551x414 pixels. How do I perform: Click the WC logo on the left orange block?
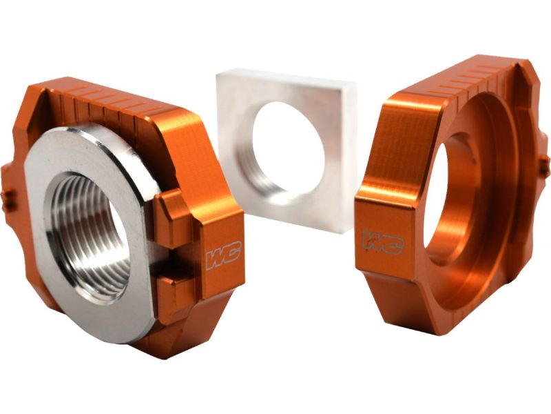(223, 255)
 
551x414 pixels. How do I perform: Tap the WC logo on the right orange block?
(383, 242)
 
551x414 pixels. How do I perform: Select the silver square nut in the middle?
(287, 150)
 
